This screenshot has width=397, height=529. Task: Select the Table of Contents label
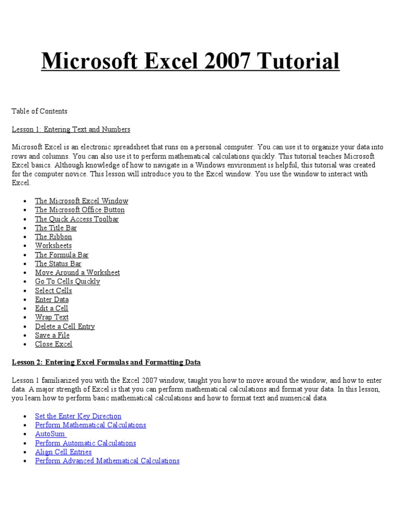pyautogui.click(x=39, y=111)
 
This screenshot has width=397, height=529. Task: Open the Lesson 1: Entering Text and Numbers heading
pyautogui.click(x=71, y=129)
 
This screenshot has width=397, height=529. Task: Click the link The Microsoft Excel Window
pyautogui.click(x=81, y=201)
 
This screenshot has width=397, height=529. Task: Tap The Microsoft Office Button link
pyautogui.click(x=80, y=210)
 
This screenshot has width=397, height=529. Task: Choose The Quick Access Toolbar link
pyautogui.click(x=77, y=219)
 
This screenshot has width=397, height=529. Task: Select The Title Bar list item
pyautogui.click(x=56, y=228)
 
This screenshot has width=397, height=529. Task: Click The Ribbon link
pyautogui.click(x=53, y=237)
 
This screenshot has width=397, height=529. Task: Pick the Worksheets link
pyautogui.click(x=53, y=245)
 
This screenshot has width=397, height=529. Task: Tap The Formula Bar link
pyautogui.click(x=62, y=255)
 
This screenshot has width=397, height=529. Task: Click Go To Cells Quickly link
pyautogui.click(x=67, y=282)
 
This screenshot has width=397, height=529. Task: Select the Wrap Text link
pyautogui.click(x=52, y=317)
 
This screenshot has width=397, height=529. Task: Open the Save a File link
pyautogui.click(x=52, y=335)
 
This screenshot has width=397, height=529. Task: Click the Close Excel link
pyautogui.click(x=54, y=344)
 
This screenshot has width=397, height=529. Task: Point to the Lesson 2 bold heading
pyautogui.click(x=106, y=362)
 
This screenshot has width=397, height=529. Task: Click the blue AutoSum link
pyautogui.click(x=50, y=434)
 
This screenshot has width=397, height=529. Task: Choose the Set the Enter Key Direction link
pyautogui.click(x=78, y=416)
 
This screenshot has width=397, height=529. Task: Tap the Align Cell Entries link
pyautogui.click(x=63, y=452)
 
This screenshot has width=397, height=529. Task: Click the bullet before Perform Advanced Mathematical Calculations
pyautogui.click(x=25, y=461)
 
